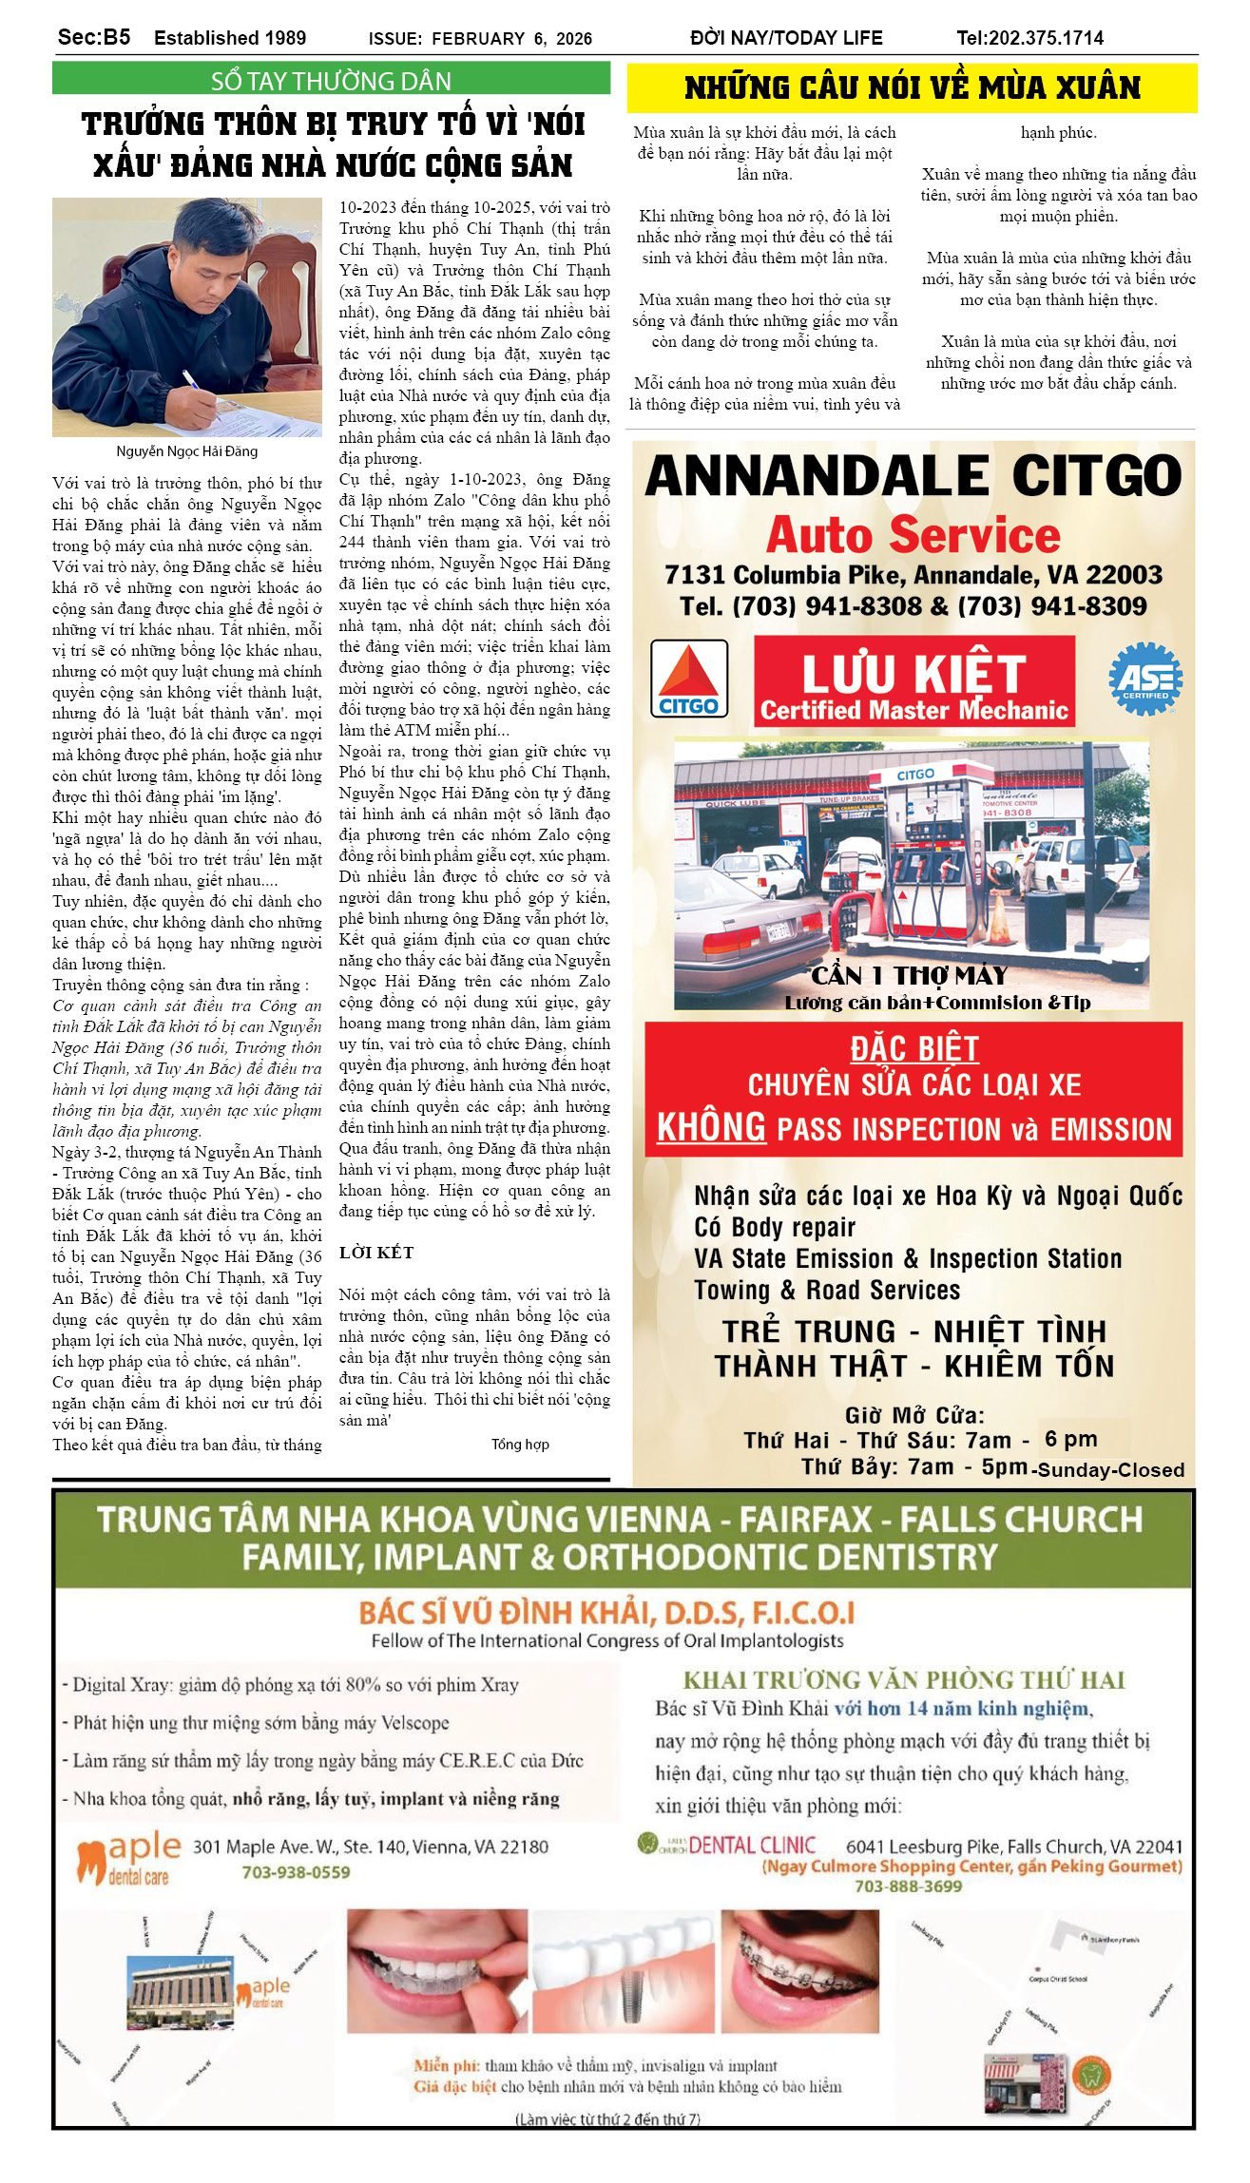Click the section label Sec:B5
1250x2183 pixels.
pyautogui.click(x=94, y=38)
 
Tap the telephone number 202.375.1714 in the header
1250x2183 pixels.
pyautogui.click(x=1046, y=38)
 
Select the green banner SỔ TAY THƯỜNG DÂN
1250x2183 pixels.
pyautogui.click(x=331, y=81)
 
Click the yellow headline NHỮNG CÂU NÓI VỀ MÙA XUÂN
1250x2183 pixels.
pyautogui.click(x=912, y=88)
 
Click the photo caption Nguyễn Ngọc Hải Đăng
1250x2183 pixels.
pyautogui.click(x=187, y=451)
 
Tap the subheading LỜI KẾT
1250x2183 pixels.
pyautogui.click(x=376, y=1253)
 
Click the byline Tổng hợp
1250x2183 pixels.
pyautogui.click(x=520, y=1445)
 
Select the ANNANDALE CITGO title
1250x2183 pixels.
pyautogui.click(x=913, y=475)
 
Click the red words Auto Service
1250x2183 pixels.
pyautogui.click(x=913, y=535)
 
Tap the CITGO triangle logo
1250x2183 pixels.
pyautogui.click(x=689, y=679)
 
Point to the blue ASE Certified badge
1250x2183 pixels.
pyautogui.click(x=1145, y=679)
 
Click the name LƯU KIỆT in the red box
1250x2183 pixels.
pyautogui.click(x=913, y=673)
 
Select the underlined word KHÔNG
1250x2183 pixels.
pyautogui.click(x=711, y=1128)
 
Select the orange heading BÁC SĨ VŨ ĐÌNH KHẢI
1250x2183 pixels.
pyautogui.click(x=606, y=1613)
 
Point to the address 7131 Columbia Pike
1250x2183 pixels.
pyautogui.click(x=788, y=575)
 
